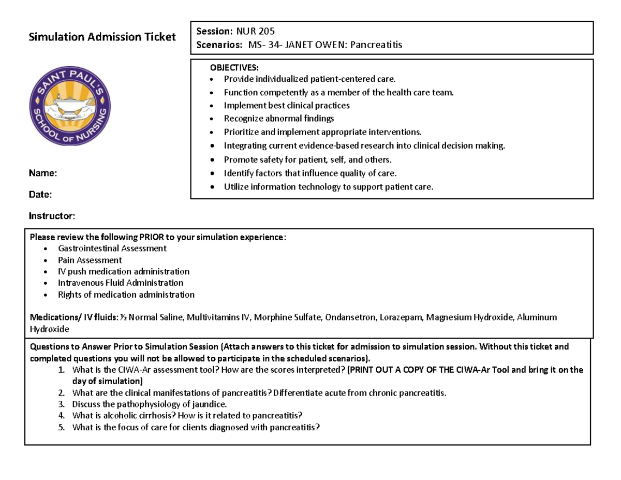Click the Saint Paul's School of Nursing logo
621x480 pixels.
(70, 107)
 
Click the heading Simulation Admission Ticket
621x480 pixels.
(102, 37)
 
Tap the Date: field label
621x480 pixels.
(40, 194)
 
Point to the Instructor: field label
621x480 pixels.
(52, 215)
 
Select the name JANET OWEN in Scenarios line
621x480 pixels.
(315, 45)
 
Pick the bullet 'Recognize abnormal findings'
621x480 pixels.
(278, 119)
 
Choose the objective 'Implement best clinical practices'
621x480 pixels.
(286, 106)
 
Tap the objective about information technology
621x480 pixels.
(328, 187)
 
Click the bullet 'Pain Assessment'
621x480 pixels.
(90, 260)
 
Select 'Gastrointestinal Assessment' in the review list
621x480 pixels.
(112, 249)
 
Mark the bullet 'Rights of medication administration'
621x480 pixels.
(126, 295)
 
